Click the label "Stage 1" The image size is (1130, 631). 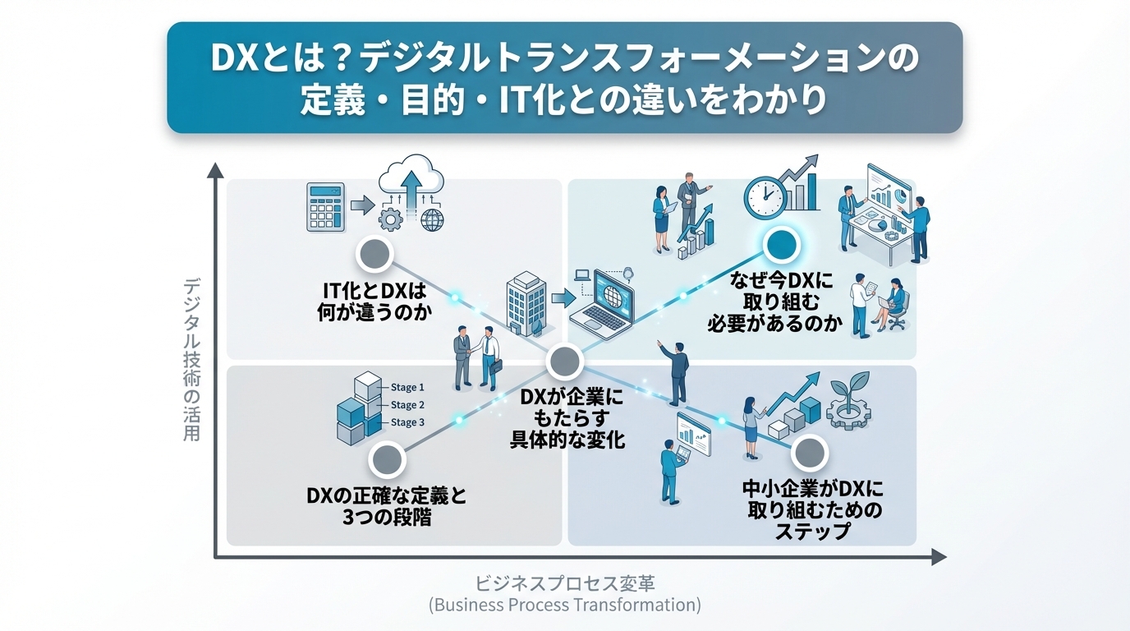[x=407, y=387]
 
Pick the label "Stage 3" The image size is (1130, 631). [x=407, y=422]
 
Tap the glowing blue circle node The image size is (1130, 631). [x=780, y=244]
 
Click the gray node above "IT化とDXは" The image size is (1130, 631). [x=374, y=255]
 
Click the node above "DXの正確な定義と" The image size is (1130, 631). [x=387, y=460]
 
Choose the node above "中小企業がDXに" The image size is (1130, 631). [x=810, y=453]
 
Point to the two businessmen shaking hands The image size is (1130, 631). [x=477, y=358]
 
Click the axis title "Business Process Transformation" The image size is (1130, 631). [x=565, y=606]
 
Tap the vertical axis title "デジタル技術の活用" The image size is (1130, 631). [x=192, y=360]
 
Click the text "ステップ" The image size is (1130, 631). [x=812, y=531]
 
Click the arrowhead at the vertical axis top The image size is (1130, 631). [x=215, y=171]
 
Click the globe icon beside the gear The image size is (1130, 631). [x=431, y=219]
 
